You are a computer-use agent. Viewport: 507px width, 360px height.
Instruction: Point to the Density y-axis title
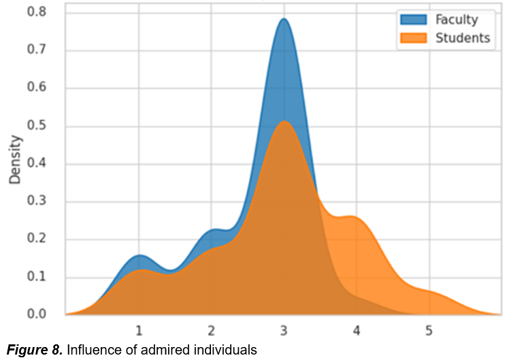pos(15,160)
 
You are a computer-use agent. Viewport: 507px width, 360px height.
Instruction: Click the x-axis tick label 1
pos(139,331)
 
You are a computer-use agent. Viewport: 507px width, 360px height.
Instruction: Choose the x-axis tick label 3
pos(284,331)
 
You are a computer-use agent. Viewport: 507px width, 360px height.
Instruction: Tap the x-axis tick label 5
pos(429,331)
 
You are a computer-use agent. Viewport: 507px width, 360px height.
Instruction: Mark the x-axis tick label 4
pos(357,331)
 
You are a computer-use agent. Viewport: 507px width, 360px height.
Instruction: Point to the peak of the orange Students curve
pos(284,122)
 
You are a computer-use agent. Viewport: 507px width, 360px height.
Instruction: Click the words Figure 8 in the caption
pos(34,350)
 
